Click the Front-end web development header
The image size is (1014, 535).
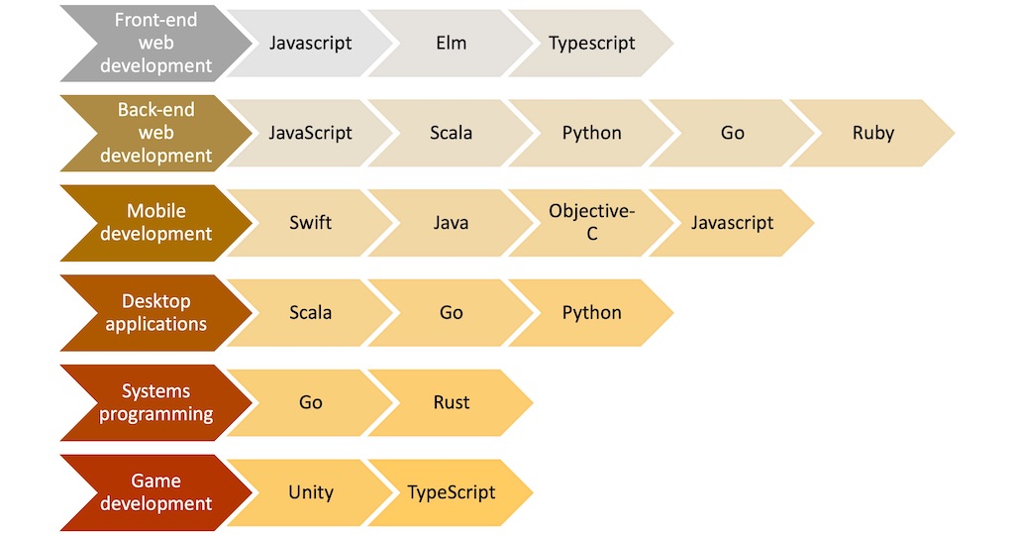[155, 44]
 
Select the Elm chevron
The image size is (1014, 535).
[451, 44]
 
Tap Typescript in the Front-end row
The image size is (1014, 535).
[592, 44]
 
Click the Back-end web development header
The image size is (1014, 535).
[155, 133]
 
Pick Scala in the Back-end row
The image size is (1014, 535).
[451, 133]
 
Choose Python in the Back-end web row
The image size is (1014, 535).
[592, 133]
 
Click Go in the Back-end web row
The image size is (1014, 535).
[733, 133]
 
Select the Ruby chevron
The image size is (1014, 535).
[873, 133]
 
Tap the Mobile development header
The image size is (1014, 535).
[155, 223]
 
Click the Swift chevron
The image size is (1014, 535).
[310, 223]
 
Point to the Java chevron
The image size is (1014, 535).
[451, 223]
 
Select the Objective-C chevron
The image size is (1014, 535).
[592, 223]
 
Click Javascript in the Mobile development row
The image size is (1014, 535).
[733, 223]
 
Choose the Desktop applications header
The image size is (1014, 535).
[155, 313]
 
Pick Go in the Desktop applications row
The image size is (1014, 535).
[451, 313]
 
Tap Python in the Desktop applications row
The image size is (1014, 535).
[592, 313]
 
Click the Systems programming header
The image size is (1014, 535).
[155, 403]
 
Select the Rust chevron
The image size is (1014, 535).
[451, 403]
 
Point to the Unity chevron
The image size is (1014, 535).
[310, 492]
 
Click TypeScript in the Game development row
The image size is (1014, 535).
[451, 492]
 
